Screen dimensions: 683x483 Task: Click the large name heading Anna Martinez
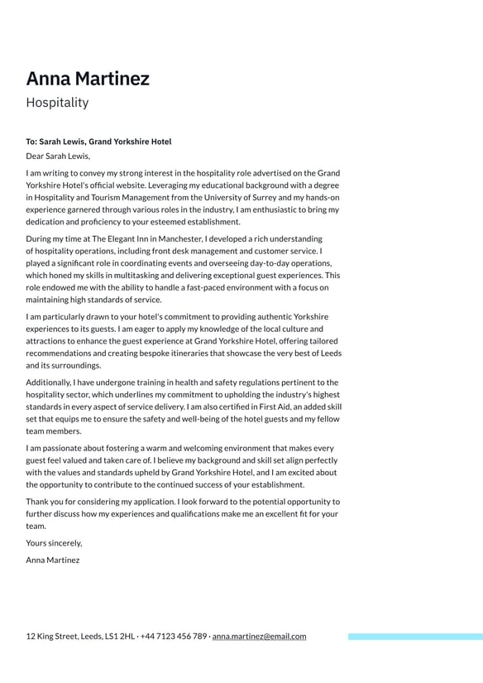(88, 79)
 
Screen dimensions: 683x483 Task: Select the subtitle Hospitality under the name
(57, 103)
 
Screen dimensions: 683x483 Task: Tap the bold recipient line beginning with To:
(98, 142)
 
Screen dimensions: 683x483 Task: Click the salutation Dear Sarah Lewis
(58, 156)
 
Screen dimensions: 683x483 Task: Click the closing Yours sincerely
(54, 543)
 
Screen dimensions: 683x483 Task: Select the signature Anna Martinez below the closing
(53, 560)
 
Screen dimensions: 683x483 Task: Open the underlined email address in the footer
(259, 637)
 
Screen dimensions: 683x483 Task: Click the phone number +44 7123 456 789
(174, 637)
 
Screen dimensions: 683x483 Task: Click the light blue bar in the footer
(415, 637)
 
